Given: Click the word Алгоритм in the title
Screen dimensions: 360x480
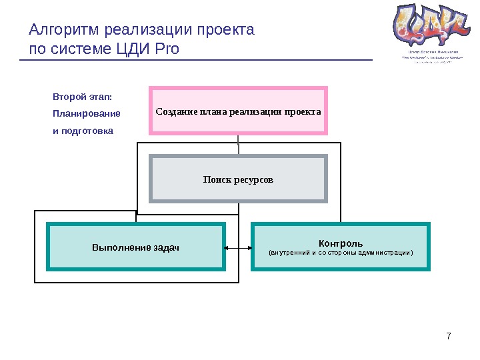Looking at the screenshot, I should click(61, 31).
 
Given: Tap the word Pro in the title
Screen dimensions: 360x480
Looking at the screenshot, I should click(167, 49).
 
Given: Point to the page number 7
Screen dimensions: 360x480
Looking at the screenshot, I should click(449, 335).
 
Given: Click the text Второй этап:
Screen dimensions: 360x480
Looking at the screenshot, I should click(82, 97).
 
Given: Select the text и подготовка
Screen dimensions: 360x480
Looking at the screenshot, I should click(83, 131).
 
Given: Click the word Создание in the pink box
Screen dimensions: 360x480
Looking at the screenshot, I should click(175, 111).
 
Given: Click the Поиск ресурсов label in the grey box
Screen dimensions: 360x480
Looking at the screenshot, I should click(239, 180).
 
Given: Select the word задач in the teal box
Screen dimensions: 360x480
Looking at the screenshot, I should click(165, 248).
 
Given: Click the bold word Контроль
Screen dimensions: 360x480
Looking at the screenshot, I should click(341, 243).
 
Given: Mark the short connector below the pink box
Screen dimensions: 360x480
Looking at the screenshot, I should click(238, 145).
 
